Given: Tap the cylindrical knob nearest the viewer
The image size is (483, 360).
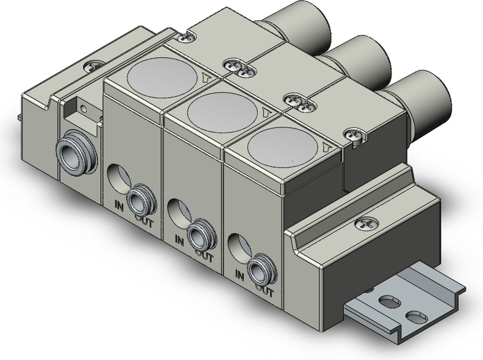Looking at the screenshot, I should [423, 99].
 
